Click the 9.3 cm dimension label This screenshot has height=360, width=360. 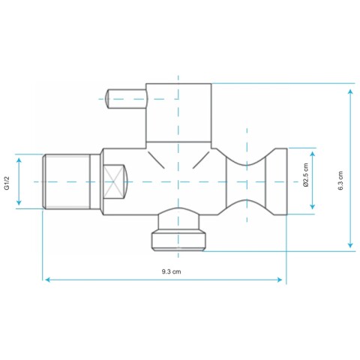[171, 271]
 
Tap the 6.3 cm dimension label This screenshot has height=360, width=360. [340, 181]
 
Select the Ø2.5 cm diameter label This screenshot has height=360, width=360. [305, 175]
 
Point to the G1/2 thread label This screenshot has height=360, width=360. [7, 183]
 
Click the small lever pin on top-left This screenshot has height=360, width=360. [127, 99]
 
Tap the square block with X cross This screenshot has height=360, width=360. [114, 181]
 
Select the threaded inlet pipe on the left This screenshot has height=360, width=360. [67, 181]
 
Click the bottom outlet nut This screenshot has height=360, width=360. [179, 241]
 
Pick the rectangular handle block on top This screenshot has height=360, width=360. [178, 112]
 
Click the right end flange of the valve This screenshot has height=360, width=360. [276, 181]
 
